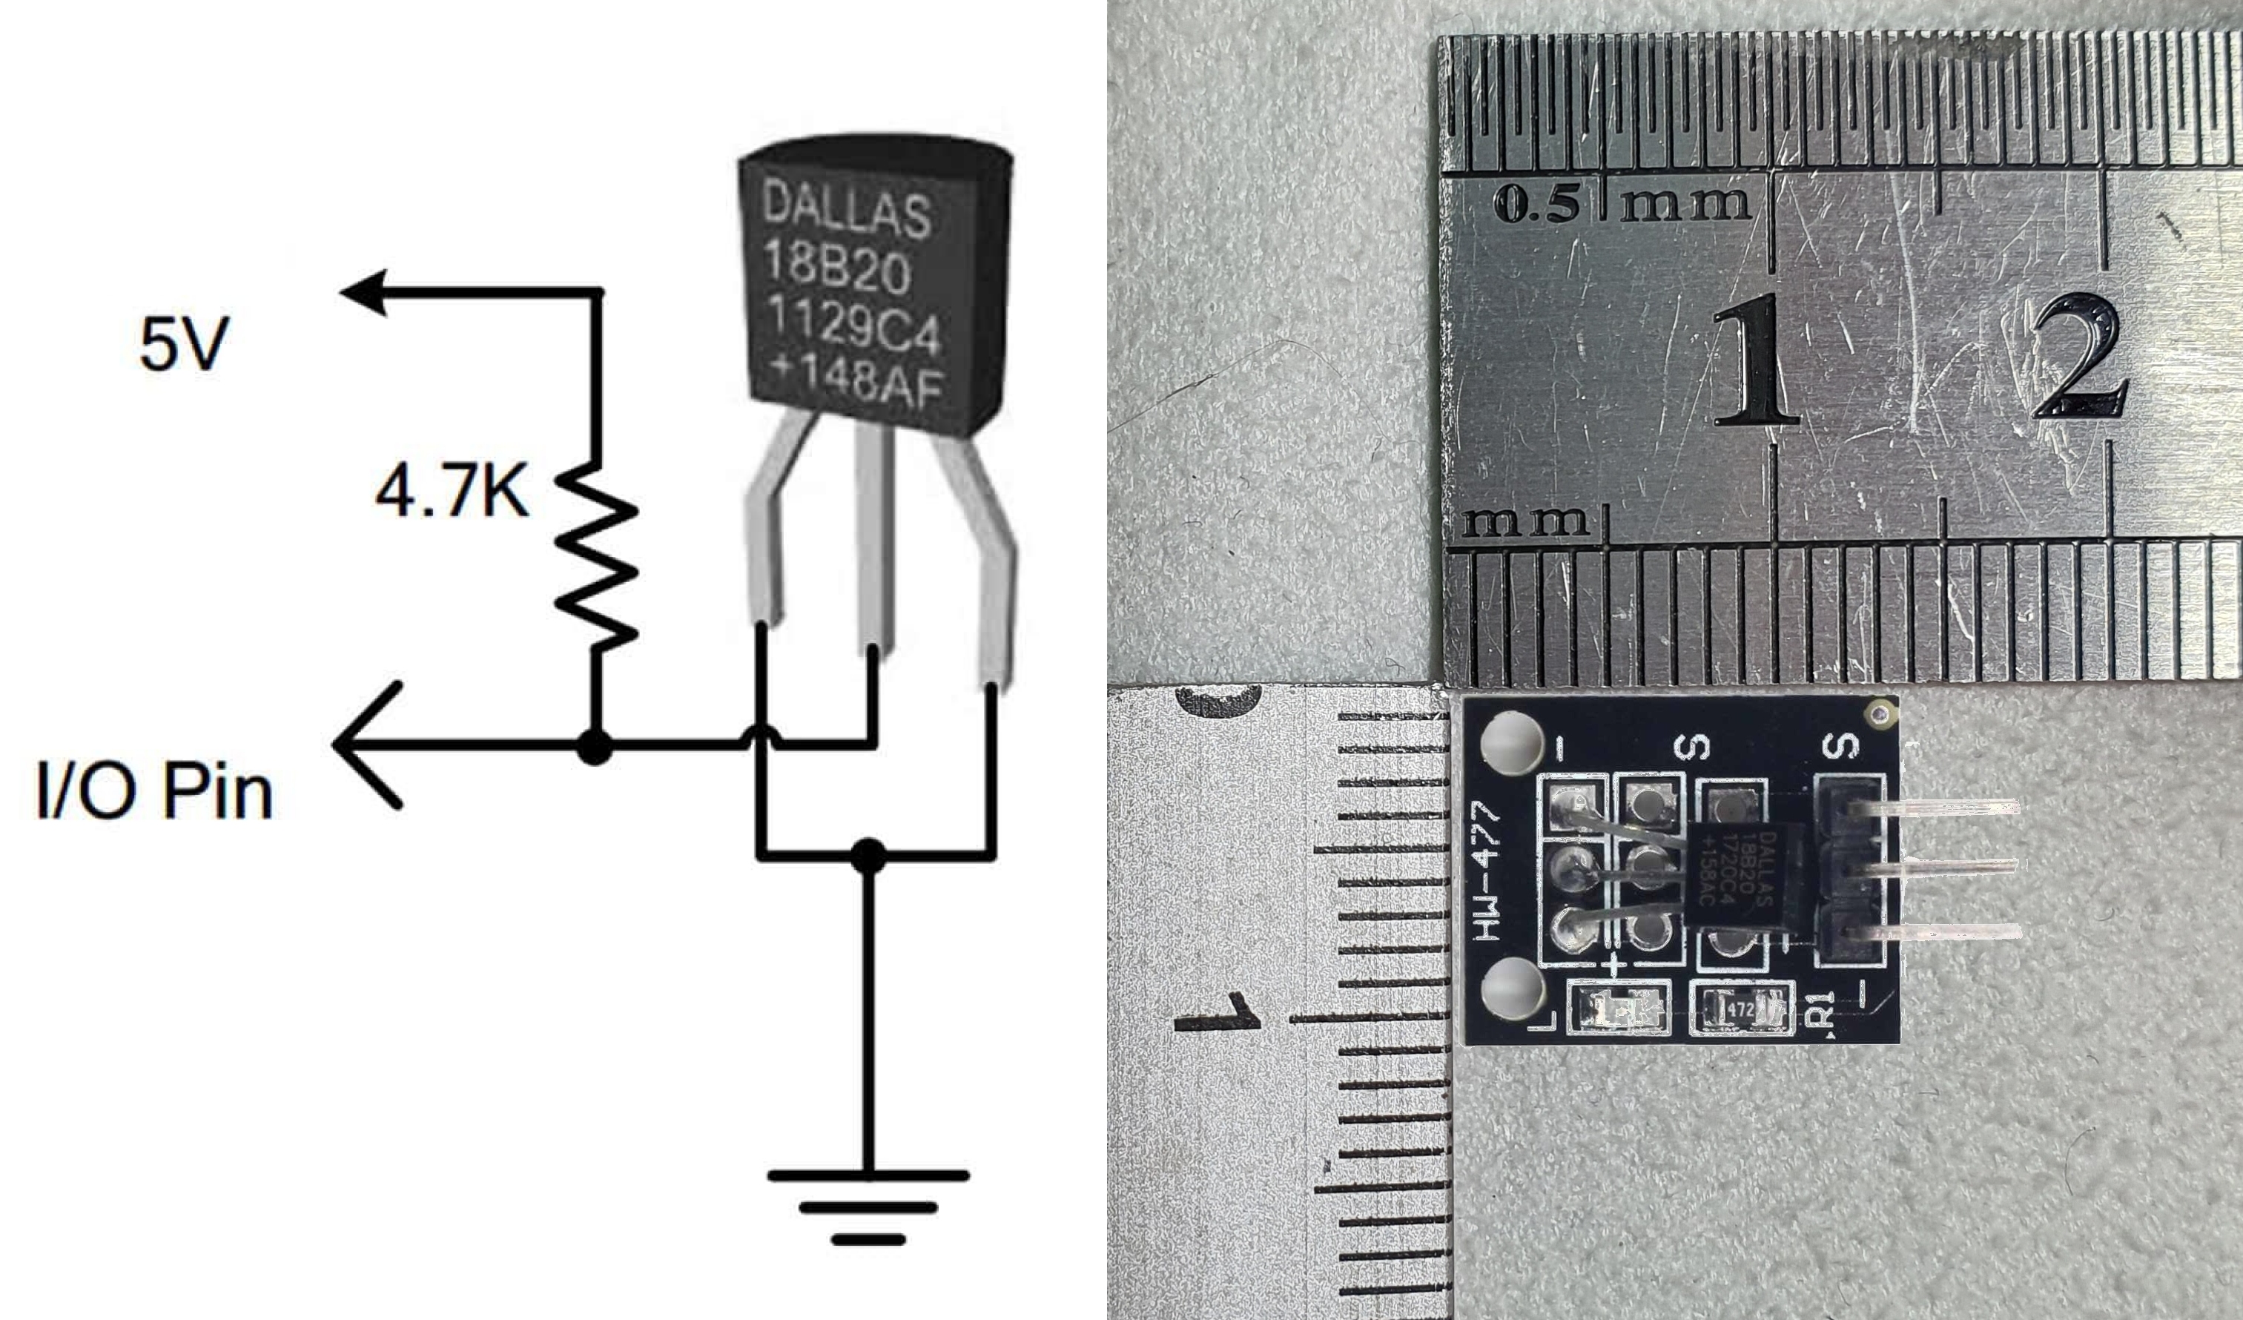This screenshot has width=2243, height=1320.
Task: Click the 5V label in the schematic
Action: (x=183, y=345)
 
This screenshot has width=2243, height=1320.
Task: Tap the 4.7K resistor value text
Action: (x=452, y=492)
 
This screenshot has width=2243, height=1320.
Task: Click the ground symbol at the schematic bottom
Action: (x=868, y=1206)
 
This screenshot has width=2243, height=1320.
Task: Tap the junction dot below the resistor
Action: (x=595, y=745)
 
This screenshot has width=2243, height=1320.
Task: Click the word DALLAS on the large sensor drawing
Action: (x=845, y=210)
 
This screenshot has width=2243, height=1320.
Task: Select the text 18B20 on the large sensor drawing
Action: (x=836, y=266)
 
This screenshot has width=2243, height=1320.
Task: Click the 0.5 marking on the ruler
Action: (x=1537, y=205)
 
